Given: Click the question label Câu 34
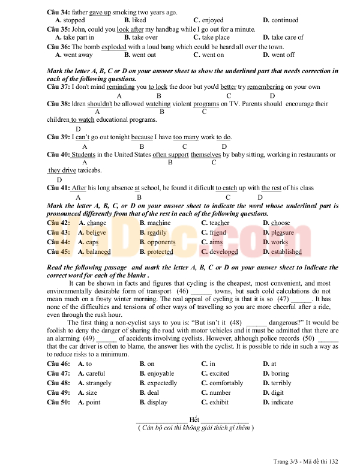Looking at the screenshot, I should pos(58,12).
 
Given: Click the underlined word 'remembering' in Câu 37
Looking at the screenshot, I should pos(265,87).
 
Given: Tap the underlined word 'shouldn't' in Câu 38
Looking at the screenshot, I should pos(100,104).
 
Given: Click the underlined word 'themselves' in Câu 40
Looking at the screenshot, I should pos(206,154).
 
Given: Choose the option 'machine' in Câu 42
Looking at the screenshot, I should pos(159,223).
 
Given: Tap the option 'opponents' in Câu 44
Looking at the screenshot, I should pos(161,242).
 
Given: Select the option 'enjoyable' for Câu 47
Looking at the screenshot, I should pos(161,373).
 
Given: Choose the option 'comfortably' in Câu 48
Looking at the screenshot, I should pos(226,383).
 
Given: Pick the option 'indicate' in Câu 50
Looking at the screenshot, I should pos(281,402).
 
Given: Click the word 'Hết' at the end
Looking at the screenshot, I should pos(193,419).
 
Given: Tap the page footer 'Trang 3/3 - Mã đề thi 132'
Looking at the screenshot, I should pos(306,461).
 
